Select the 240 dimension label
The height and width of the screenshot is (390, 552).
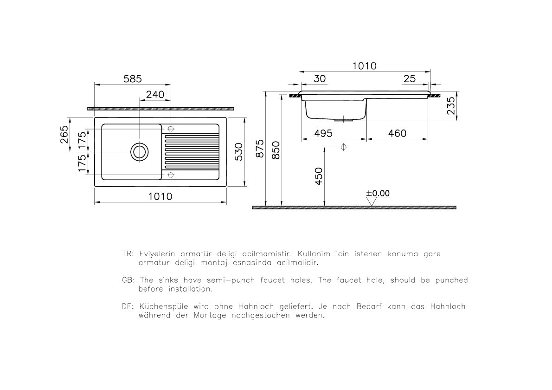(155, 94)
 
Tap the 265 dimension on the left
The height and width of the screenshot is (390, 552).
(64, 135)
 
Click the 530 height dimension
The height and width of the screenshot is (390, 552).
(238, 151)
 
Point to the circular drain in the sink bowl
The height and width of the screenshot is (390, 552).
(139, 151)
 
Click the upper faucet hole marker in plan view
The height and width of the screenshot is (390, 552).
(171, 129)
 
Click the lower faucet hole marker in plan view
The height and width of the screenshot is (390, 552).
(171, 175)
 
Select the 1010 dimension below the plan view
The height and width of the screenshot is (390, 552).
(160, 196)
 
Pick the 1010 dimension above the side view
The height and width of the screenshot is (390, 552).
(364, 66)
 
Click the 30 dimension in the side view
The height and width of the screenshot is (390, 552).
(320, 79)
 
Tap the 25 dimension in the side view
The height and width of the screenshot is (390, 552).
(410, 79)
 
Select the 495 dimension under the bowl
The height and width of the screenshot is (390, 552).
(323, 133)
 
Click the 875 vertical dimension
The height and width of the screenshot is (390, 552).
(260, 149)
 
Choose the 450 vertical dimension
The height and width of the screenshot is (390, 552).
(319, 176)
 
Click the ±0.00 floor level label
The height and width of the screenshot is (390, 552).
(378, 193)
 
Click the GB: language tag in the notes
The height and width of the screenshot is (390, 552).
(128, 280)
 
